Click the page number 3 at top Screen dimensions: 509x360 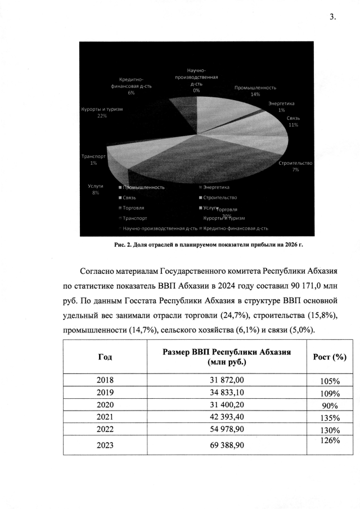coord(332,17)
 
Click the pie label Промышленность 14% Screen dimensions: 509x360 coord(255,91)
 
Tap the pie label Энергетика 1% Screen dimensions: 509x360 coord(281,107)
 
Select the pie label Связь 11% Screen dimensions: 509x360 coord(292,121)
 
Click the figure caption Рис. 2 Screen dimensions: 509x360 coord(213,245)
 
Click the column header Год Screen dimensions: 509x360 coord(105,357)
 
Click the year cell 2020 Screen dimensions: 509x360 coord(105,404)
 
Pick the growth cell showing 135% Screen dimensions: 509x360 coord(329,418)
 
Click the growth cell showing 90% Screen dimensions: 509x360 coord(329,406)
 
